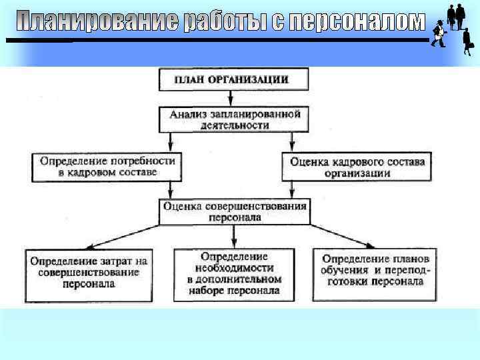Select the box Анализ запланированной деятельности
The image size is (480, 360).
(235, 119)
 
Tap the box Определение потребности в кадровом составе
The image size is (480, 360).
(107, 166)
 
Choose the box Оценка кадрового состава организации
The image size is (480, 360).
(357, 167)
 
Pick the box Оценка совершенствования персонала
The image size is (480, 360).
(235, 211)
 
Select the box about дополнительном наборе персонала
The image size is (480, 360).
(234, 273)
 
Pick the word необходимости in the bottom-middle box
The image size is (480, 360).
(234, 268)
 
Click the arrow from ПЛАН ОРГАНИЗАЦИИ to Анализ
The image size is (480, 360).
(233, 99)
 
